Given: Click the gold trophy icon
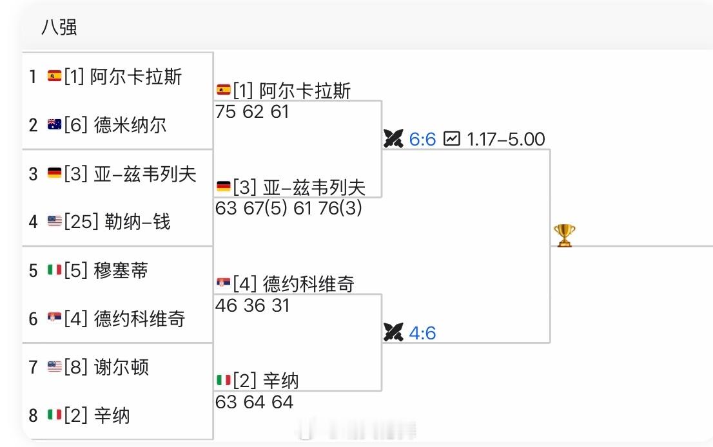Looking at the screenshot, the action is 563,235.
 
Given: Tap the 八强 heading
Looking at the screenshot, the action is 59,27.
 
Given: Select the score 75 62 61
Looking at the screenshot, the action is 253,111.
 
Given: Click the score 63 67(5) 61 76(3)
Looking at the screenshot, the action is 289,208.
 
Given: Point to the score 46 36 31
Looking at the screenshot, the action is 253,305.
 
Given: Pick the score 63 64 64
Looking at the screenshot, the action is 254,402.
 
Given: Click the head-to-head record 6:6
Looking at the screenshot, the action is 422,139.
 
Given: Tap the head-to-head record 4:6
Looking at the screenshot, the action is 422,333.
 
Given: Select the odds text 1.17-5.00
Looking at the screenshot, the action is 505,139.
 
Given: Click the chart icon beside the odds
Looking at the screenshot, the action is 452,138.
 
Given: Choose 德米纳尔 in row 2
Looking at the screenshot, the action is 130,124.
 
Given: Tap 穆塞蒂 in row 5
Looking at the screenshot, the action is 120,270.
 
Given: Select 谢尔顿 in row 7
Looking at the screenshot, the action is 121,367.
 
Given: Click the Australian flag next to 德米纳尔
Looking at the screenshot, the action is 54,125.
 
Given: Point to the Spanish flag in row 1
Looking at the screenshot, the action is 54,77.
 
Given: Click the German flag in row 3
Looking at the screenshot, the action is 54,173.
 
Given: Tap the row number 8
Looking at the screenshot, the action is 34,415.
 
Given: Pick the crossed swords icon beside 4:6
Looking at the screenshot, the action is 393,332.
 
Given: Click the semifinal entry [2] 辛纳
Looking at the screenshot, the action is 265,381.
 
